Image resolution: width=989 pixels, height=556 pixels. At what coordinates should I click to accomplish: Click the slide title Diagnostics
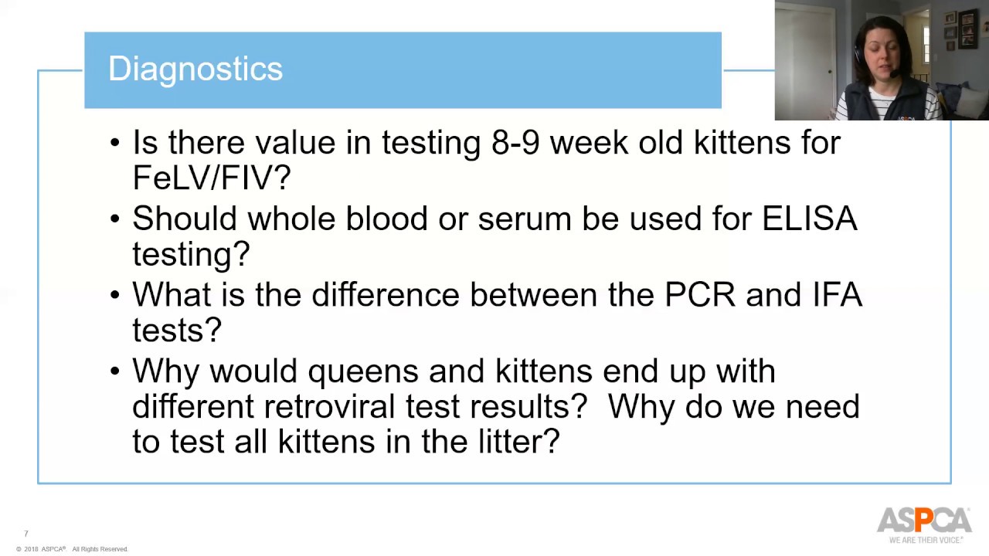[x=195, y=69]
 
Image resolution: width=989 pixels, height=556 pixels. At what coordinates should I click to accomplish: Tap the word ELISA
[x=809, y=219]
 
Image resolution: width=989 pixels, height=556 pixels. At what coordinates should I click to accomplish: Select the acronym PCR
[x=700, y=295]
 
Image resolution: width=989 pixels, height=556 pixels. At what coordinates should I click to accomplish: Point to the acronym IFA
[x=837, y=295]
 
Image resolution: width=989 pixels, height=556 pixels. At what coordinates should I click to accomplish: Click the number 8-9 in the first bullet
[x=515, y=143]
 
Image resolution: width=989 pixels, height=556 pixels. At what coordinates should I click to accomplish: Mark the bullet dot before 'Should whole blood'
[x=115, y=219]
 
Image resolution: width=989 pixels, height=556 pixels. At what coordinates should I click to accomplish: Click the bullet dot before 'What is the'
[x=115, y=295]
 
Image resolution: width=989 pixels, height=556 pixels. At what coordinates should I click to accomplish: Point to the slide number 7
[x=26, y=534]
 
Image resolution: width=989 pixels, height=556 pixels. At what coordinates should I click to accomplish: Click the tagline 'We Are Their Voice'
[x=926, y=540]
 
